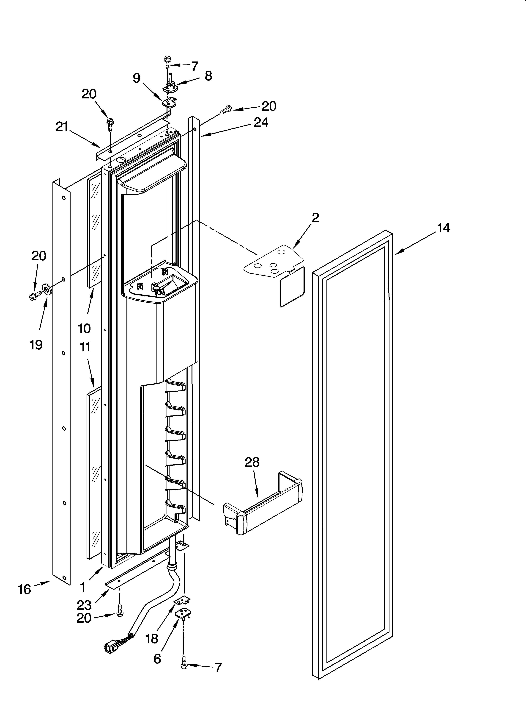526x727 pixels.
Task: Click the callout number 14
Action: coord(444,228)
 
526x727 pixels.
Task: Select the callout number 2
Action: coord(315,218)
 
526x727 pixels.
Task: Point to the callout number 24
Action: coord(261,123)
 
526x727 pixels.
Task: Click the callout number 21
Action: coord(62,127)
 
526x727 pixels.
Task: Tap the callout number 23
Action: coord(84,605)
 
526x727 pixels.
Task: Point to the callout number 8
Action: coord(208,76)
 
